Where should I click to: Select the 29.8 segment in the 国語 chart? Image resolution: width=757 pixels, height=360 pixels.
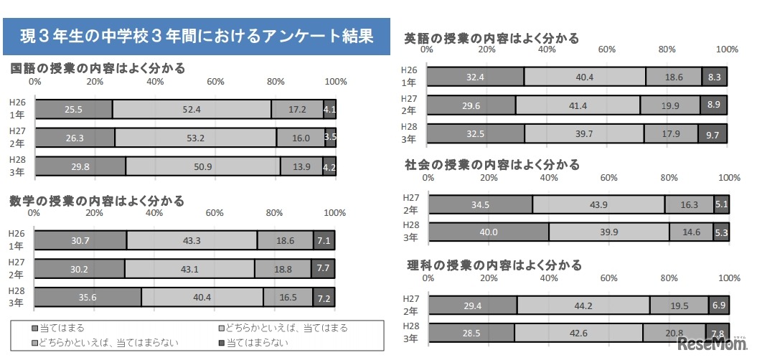80,166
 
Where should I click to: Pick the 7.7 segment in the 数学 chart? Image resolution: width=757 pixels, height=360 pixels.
324,268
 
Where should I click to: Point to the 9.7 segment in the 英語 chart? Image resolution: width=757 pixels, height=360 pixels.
713,133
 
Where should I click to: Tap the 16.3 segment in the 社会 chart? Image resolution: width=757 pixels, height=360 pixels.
689,204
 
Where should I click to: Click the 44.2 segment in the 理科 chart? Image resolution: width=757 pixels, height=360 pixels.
583,305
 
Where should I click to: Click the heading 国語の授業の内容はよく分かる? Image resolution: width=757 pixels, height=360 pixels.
98,69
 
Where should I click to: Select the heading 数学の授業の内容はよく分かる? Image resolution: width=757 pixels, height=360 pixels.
98,200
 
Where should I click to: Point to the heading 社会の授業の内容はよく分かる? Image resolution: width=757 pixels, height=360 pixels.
492,164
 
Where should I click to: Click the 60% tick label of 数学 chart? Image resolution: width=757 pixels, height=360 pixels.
214,212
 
